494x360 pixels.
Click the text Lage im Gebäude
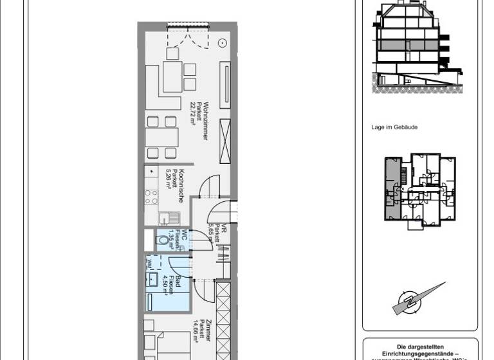(394, 127)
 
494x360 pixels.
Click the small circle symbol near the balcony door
(222, 42)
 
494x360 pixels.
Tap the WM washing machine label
(149, 262)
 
